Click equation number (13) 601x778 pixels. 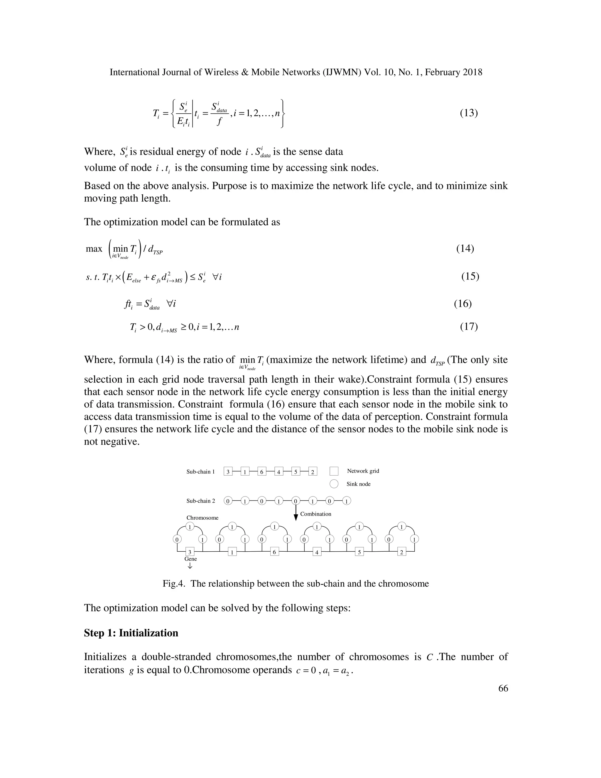coord(469,113)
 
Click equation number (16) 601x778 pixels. coord(463,304)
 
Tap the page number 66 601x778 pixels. coord(503,688)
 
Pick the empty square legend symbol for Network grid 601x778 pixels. coord(334,471)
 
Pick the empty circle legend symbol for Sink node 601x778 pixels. coord(334,484)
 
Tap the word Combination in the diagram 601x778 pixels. coord(315,514)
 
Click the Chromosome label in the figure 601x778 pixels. coord(202,518)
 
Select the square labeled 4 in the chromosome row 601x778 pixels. coord(317,553)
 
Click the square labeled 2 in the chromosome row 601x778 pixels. coord(402,553)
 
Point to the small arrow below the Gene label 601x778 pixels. coord(190,566)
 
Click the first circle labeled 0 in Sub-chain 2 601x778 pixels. coord(228,501)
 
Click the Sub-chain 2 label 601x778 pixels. coord(200,501)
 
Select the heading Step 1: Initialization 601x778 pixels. coord(131,633)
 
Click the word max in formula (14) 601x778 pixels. coord(94,249)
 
